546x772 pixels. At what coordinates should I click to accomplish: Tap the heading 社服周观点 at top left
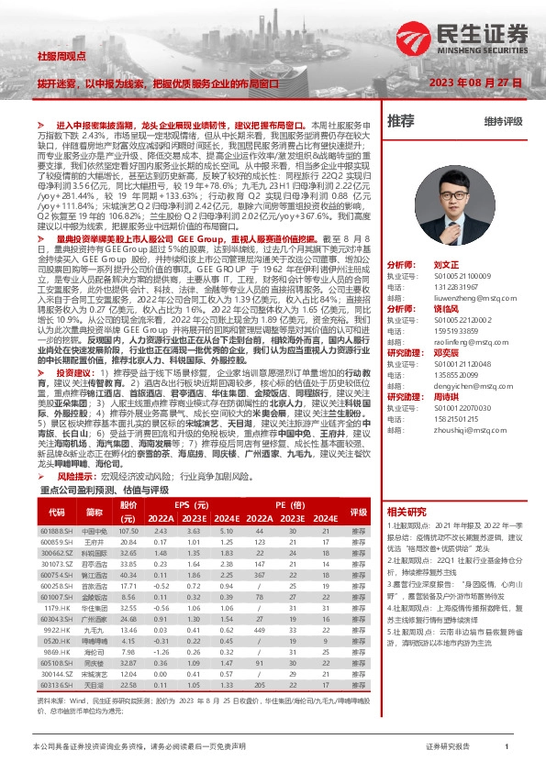59,57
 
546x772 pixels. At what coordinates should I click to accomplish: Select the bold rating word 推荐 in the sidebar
401,120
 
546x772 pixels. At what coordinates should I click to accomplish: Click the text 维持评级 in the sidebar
503,121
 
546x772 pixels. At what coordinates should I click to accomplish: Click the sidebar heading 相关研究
407,512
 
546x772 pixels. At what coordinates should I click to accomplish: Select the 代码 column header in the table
57,512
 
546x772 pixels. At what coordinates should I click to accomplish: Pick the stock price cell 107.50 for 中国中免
128,531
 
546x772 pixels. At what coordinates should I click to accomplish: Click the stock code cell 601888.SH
57,531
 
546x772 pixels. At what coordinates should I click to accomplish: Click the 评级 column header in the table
359,512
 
